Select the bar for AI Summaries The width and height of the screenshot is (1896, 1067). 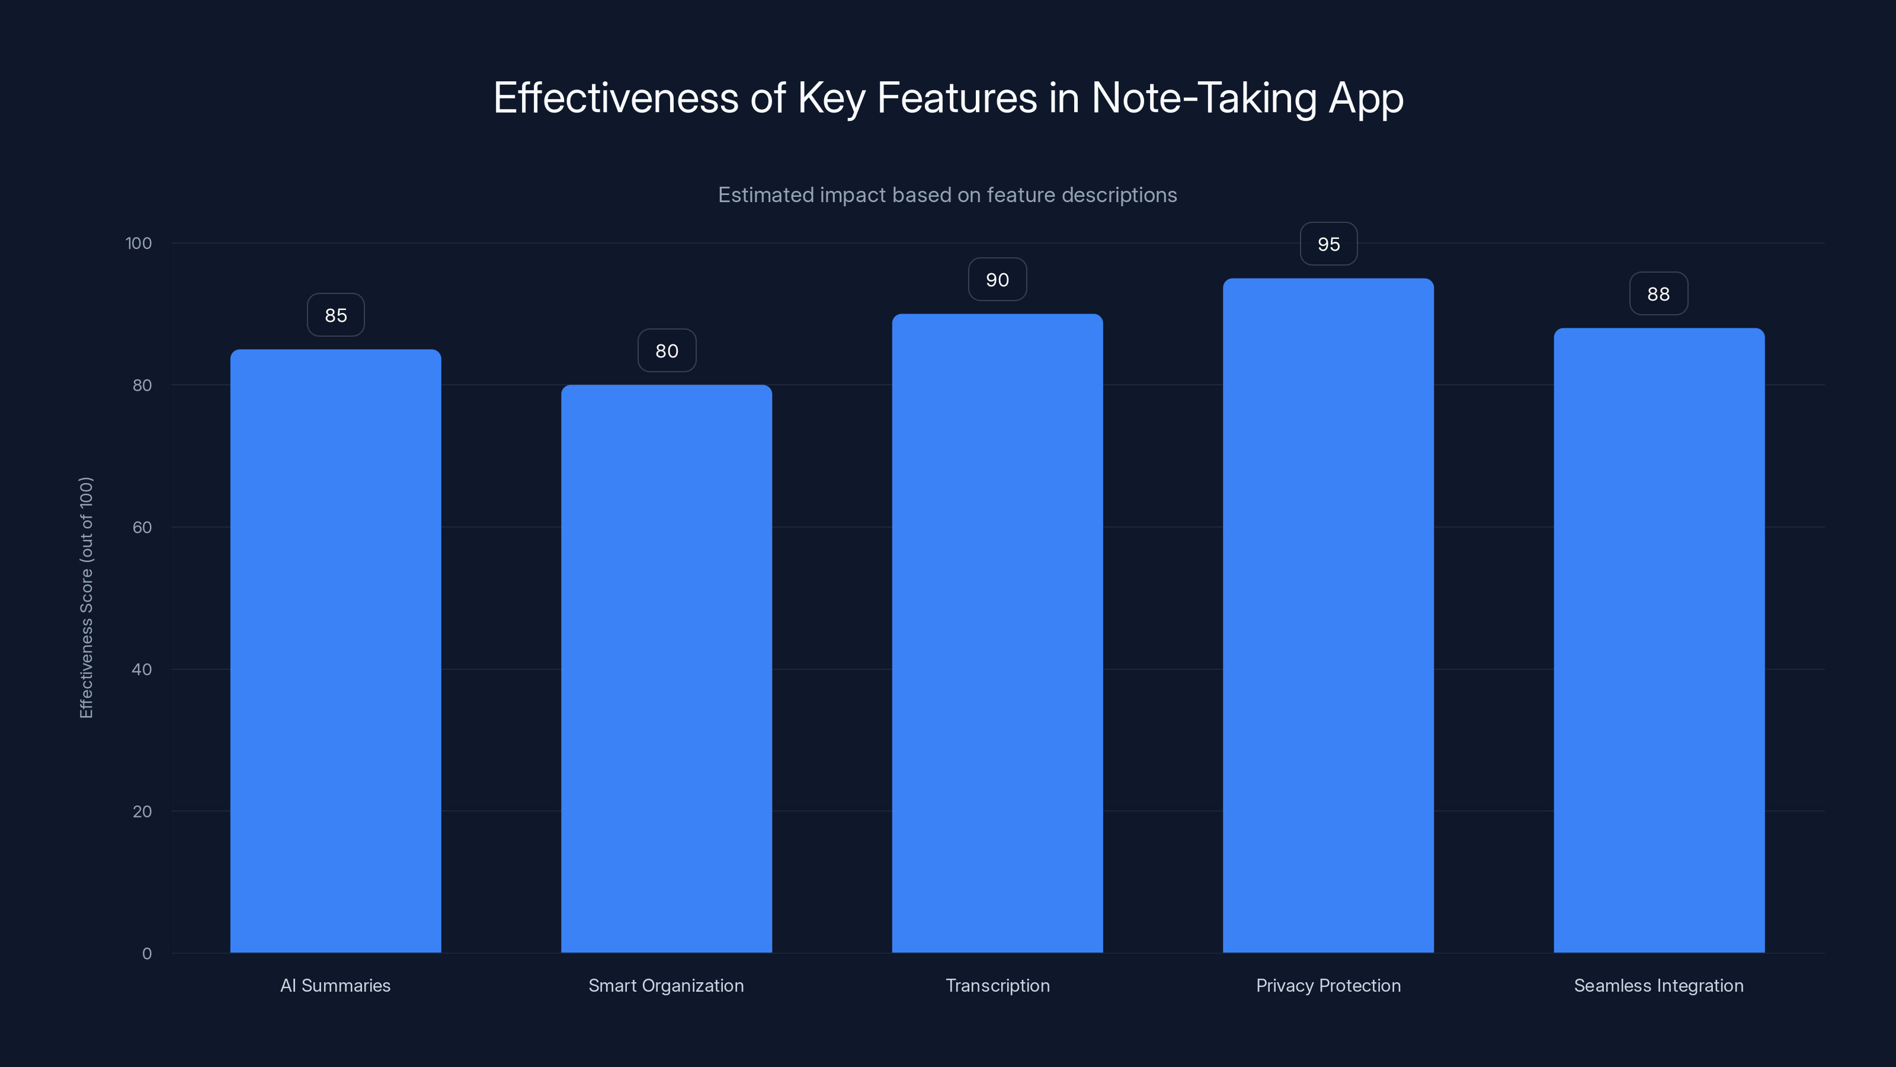[x=335, y=651]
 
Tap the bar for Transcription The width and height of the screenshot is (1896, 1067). [x=997, y=633]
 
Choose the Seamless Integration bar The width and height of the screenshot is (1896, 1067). [x=1659, y=641]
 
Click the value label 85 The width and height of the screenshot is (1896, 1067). [x=335, y=315]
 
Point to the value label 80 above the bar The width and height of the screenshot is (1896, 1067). [x=666, y=350]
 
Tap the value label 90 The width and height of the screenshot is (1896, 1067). [x=997, y=280]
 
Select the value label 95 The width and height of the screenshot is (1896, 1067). [x=1328, y=244]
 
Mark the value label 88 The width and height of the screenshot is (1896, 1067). [x=1658, y=294]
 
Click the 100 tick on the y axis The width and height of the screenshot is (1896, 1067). [x=139, y=243]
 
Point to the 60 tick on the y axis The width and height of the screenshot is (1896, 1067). [x=142, y=527]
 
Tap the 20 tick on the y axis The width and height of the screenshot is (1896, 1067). [x=142, y=812]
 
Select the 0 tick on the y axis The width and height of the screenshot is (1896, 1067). [x=146, y=954]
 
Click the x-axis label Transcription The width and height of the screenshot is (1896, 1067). [x=997, y=985]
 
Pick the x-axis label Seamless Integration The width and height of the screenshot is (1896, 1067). [x=1658, y=985]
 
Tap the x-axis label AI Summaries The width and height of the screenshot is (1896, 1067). [x=335, y=985]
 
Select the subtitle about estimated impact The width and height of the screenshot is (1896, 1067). [x=947, y=195]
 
